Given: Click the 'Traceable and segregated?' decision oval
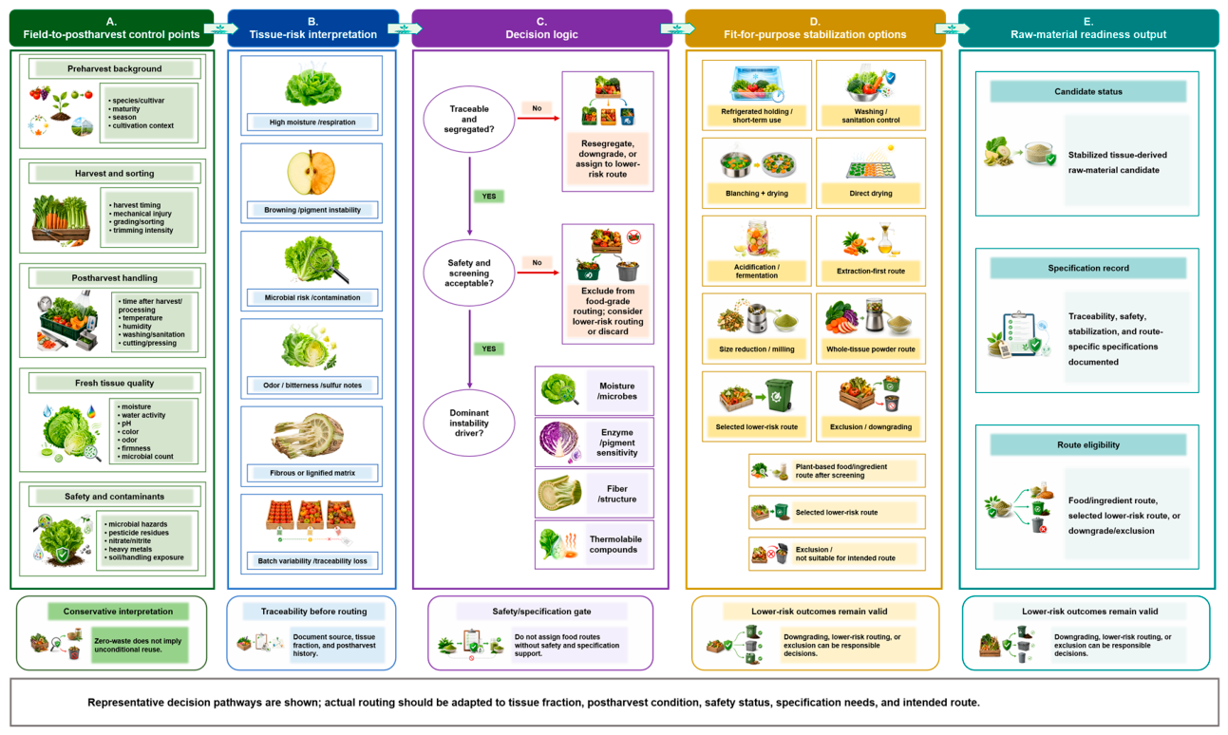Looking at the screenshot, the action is point(469,119).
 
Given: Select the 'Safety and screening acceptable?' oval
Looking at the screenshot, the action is point(469,273).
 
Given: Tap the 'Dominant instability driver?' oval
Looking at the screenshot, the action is point(469,423).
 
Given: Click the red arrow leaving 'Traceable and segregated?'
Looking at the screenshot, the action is point(538,119).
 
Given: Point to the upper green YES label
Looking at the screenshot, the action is point(488,197).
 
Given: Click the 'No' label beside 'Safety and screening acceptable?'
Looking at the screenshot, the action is point(537,262).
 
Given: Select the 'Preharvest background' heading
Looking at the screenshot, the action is point(115,68).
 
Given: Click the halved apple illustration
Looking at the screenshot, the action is point(312,173).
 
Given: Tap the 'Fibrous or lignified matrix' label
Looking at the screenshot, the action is point(312,473).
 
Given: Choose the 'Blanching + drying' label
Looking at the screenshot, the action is point(757,194).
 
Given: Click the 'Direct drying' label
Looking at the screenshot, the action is point(871,194).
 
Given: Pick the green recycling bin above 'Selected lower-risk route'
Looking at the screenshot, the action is point(779,396).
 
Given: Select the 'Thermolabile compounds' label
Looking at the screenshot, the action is point(615,544).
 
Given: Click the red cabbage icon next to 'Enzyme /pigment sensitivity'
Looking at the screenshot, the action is point(559,440).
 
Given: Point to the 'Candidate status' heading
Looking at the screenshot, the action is point(1088,91).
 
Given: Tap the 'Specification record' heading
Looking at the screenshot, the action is point(1088,268).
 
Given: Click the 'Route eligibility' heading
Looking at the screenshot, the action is point(1088,444).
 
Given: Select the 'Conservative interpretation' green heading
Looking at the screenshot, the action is point(118,612).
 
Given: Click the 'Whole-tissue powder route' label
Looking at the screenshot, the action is point(871,349).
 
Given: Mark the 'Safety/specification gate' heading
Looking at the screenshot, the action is point(541,612).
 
